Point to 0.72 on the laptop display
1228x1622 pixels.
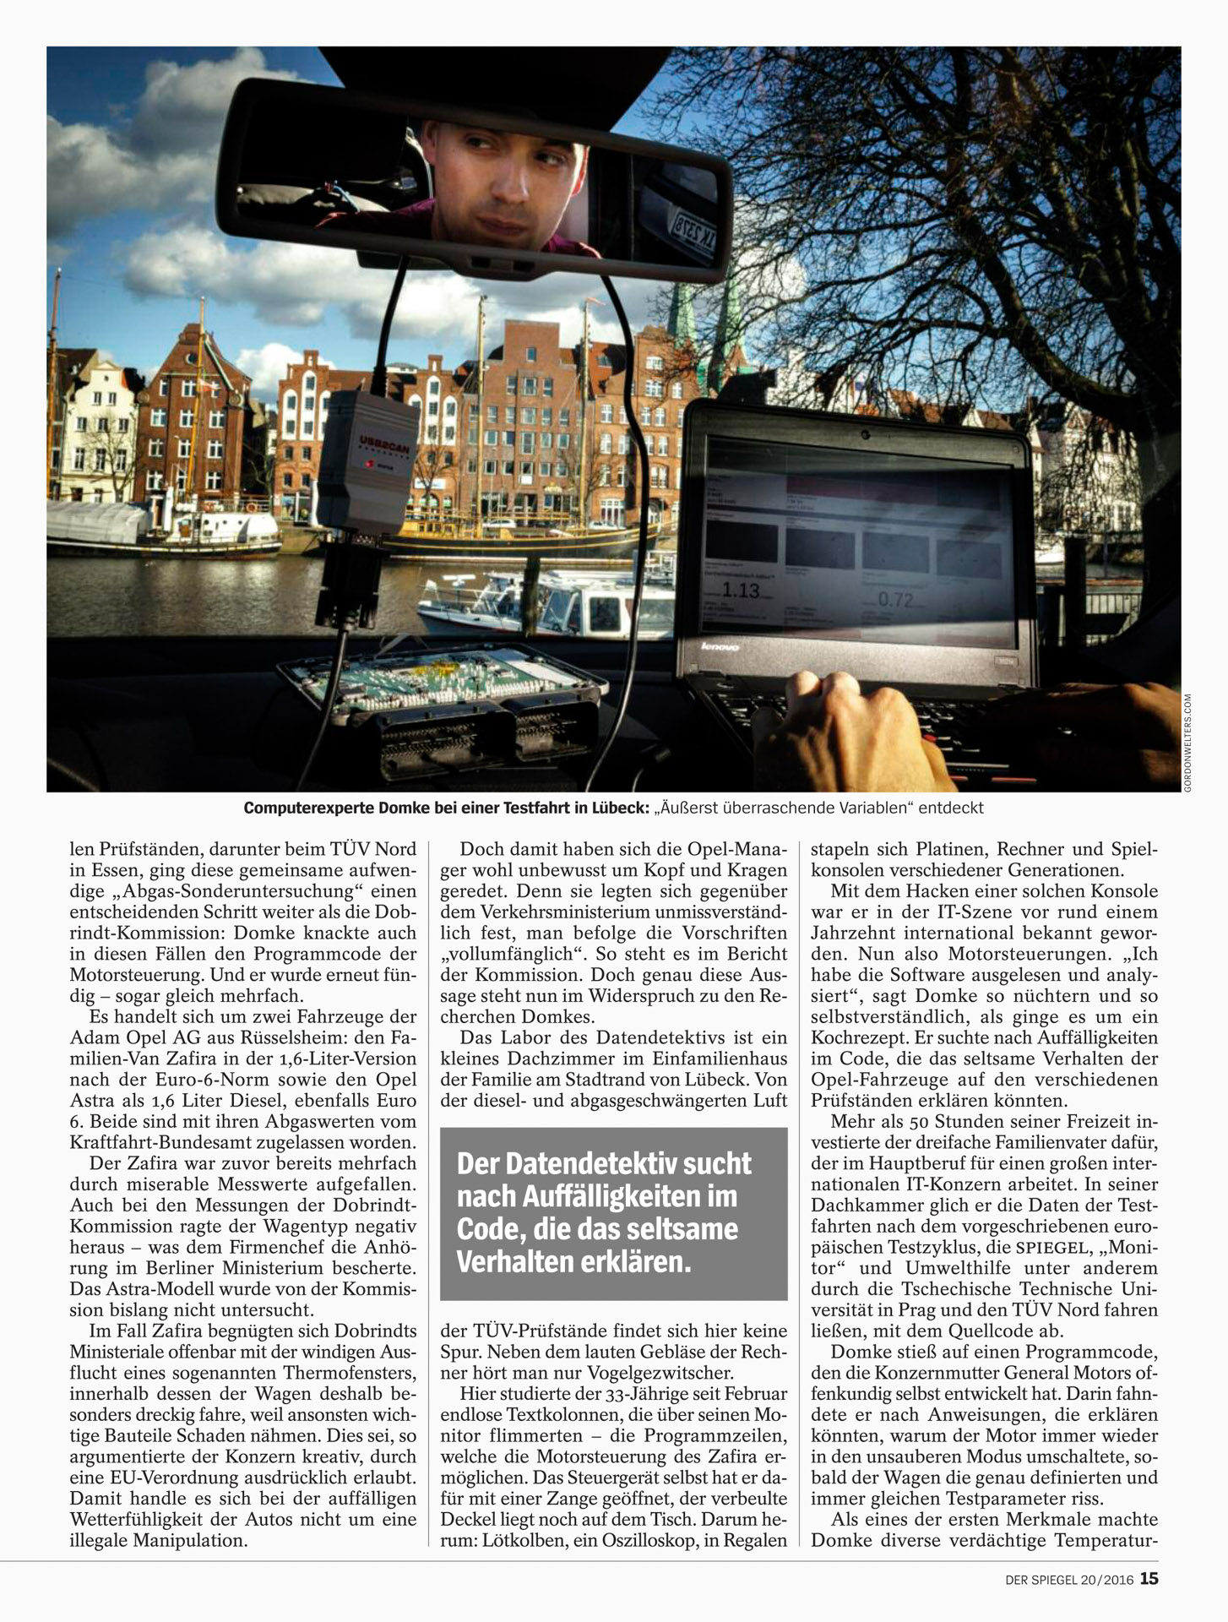896,600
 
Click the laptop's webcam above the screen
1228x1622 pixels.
865,433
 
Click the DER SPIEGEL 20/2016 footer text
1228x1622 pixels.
1067,1579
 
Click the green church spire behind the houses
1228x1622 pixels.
685,317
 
